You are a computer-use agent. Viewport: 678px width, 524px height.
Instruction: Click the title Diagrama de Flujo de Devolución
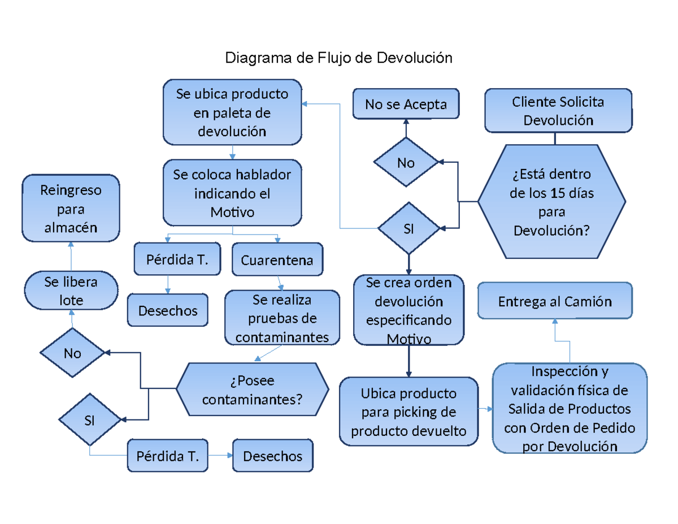(x=338, y=58)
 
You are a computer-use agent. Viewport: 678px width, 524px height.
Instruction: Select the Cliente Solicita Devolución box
(x=558, y=111)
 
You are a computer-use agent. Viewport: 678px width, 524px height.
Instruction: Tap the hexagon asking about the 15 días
(x=551, y=202)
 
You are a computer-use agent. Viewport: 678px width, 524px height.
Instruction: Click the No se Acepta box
(x=406, y=104)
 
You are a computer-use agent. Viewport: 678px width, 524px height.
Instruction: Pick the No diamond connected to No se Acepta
(x=406, y=163)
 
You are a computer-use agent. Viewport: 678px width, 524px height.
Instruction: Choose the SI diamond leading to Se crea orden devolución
(x=408, y=228)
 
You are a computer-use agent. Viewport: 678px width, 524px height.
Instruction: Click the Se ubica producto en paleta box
(x=232, y=112)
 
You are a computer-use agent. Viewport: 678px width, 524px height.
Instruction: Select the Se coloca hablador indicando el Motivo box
(x=232, y=193)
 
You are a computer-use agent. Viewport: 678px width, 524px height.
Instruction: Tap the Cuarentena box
(x=277, y=260)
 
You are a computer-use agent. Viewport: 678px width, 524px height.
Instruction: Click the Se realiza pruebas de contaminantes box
(x=282, y=318)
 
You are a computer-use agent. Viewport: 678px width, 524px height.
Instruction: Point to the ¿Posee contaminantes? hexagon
(x=252, y=390)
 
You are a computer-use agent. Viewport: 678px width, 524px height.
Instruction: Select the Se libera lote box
(x=71, y=291)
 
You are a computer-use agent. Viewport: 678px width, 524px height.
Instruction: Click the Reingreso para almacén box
(x=71, y=209)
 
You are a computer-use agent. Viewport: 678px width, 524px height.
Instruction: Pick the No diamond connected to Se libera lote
(x=72, y=353)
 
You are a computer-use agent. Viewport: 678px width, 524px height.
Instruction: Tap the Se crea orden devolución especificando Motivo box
(x=408, y=310)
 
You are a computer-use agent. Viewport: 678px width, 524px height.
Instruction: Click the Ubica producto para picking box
(x=408, y=412)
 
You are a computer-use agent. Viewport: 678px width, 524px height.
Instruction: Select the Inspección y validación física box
(x=569, y=409)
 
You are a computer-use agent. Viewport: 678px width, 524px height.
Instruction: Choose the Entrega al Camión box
(x=554, y=301)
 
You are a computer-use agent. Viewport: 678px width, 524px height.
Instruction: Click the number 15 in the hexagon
(x=555, y=193)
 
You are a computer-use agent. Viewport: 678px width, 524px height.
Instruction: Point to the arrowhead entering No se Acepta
(x=406, y=121)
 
